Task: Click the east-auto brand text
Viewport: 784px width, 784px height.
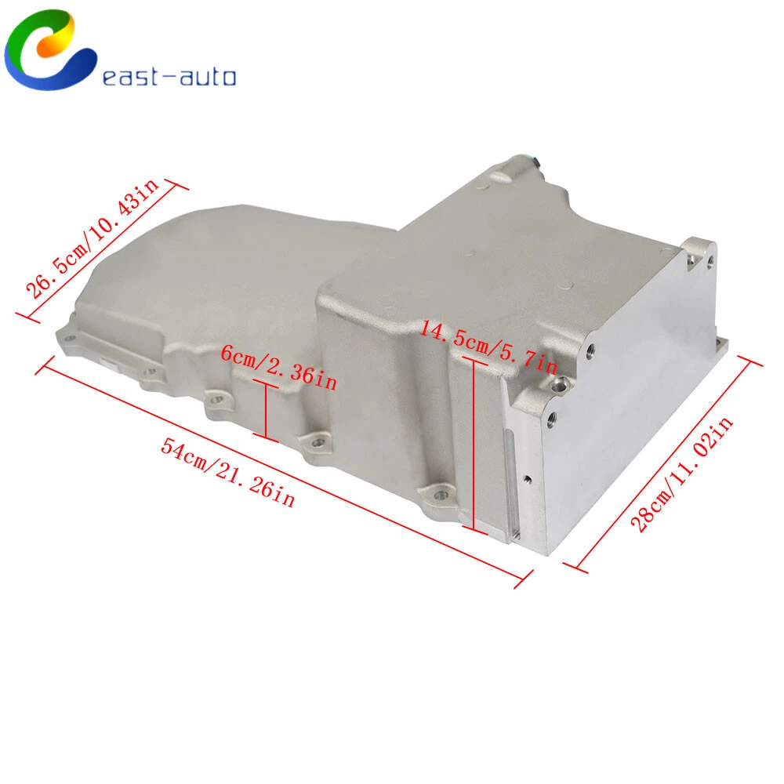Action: (169, 77)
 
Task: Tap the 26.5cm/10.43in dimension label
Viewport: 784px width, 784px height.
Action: (93, 238)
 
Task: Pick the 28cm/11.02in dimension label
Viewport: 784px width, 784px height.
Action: (681, 474)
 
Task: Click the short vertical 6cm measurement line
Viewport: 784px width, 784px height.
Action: (266, 410)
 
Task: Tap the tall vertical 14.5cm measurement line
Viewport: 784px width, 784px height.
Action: (473, 444)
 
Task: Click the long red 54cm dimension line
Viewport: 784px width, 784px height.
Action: (285, 471)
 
